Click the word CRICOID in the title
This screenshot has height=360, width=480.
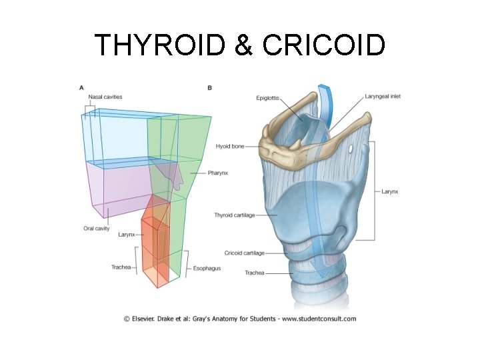pos(325,45)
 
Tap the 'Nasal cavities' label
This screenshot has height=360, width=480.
pos(105,97)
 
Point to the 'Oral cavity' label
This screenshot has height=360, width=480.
pos(96,229)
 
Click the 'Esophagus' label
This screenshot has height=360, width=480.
pos(207,269)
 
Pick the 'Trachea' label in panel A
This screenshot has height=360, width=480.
pos(121,267)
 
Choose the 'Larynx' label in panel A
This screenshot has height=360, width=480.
pos(127,235)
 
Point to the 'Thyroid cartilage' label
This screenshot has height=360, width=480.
pos(235,215)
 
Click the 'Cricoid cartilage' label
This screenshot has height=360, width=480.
pos(245,253)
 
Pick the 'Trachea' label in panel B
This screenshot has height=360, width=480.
pos(255,273)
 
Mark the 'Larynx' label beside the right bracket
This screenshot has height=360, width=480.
pos(390,191)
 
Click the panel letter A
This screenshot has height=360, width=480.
pos(81,87)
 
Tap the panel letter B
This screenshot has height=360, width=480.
pos(210,87)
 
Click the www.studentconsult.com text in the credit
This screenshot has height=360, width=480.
pos(319,319)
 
